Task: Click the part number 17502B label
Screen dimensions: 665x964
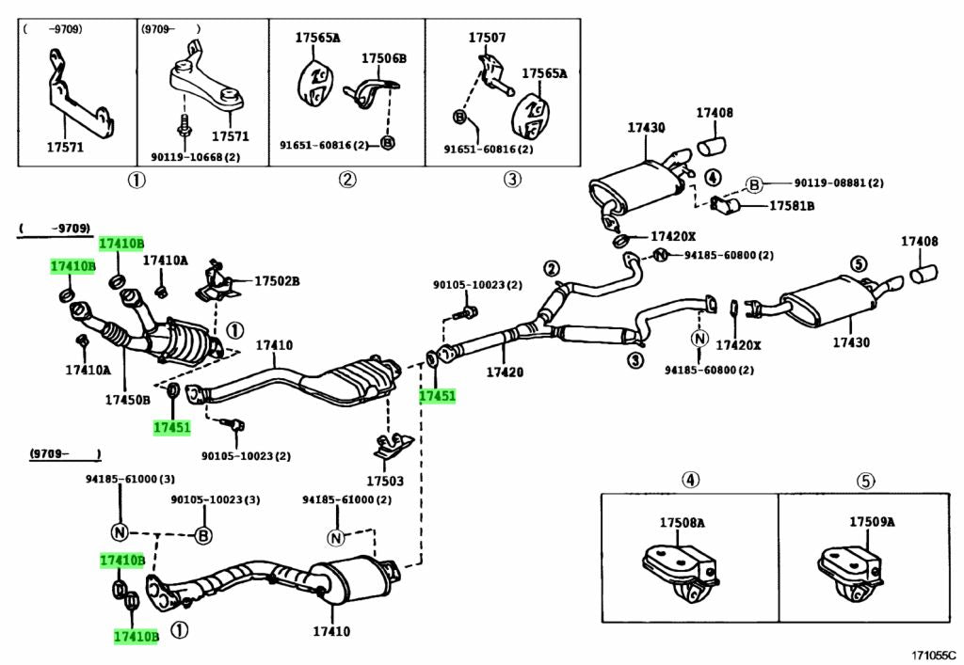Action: [277, 281]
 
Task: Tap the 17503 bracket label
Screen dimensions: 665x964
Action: [385, 481]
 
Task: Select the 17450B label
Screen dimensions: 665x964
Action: [127, 399]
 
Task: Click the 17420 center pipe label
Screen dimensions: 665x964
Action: [505, 372]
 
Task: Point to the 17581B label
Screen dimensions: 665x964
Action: [792, 205]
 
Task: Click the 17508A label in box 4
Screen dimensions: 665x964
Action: [682, 521]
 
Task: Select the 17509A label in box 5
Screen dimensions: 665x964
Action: [872, 521]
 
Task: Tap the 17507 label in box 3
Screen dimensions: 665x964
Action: [487, 39]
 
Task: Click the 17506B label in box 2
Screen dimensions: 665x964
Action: [384, 58]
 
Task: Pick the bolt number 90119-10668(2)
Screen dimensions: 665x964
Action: [195, 156]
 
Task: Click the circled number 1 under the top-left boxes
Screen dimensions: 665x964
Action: [137, 180]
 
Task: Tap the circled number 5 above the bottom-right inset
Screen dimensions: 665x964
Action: [865, 481]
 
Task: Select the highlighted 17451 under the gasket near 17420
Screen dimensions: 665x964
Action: [437, 396]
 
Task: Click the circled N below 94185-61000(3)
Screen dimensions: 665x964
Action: [120, 531]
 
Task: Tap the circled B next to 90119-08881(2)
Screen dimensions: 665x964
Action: [753, 183]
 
